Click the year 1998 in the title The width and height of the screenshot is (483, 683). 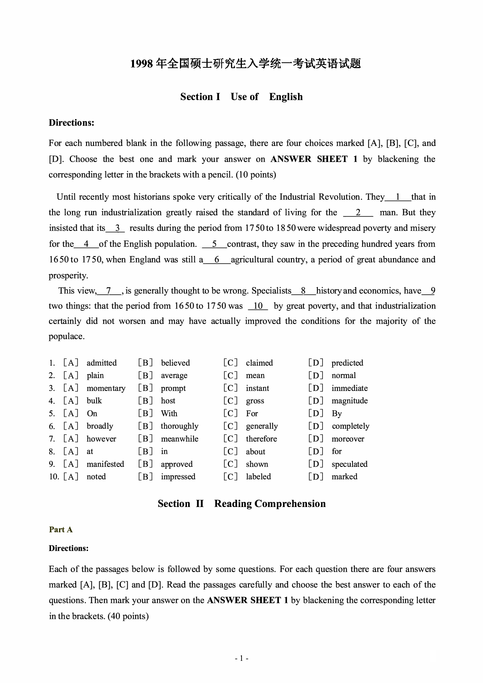[141, 63]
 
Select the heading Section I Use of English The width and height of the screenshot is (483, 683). [241, 97]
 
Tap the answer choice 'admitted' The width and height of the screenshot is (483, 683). [102, 363]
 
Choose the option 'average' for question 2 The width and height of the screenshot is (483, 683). [174, 375]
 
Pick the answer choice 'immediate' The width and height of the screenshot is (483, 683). [349, 388]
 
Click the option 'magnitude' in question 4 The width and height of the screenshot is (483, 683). [349, 401]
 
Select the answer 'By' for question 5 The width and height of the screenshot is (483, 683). [337, 414]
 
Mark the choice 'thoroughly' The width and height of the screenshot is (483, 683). [180, 426]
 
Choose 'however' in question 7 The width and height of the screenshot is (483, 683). [101, 439]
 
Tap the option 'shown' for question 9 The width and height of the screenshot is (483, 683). [257, 464]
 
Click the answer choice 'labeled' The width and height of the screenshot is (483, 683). [258, 477]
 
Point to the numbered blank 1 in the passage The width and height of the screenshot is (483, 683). [398, 197]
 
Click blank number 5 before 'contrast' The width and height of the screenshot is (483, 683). [214, 244]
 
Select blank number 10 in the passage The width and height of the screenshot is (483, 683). [258, 306]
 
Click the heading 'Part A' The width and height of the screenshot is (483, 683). [61, 530]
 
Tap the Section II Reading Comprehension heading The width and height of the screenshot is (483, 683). [241, 503]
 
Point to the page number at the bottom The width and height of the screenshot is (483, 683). [241, 658]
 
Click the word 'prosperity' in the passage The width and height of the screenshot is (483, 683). [68, 276]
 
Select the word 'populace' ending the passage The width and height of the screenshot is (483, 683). [66, 336]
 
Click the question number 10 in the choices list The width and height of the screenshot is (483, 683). [53, 477]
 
